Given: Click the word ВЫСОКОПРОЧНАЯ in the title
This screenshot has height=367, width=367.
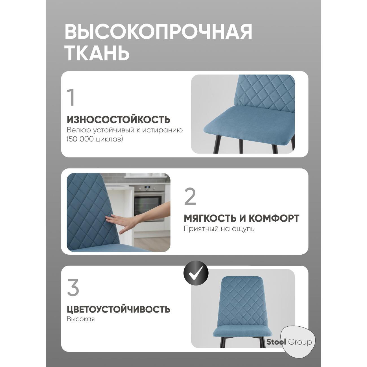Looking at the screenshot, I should [x=158, y=31].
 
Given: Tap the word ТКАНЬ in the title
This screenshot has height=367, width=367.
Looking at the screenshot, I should [x=97, y=53].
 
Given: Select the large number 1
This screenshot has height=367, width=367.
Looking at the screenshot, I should [x=72, y=97].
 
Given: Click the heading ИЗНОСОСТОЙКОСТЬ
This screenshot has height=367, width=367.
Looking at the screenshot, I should [x=119, y=119].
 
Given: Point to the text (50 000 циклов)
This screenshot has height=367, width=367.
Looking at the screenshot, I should [x=95, y=139].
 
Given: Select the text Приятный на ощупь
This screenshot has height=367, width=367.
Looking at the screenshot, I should [x=219, y=229].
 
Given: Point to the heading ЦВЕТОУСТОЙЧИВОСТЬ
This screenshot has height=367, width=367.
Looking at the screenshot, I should [x=119, y=309].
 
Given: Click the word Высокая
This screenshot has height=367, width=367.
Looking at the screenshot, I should [x=81, y=319].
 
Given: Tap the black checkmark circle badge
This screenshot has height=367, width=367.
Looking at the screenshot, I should [x=196, y=272].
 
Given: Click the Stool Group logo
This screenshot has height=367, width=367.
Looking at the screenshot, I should [x=289, y=342].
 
